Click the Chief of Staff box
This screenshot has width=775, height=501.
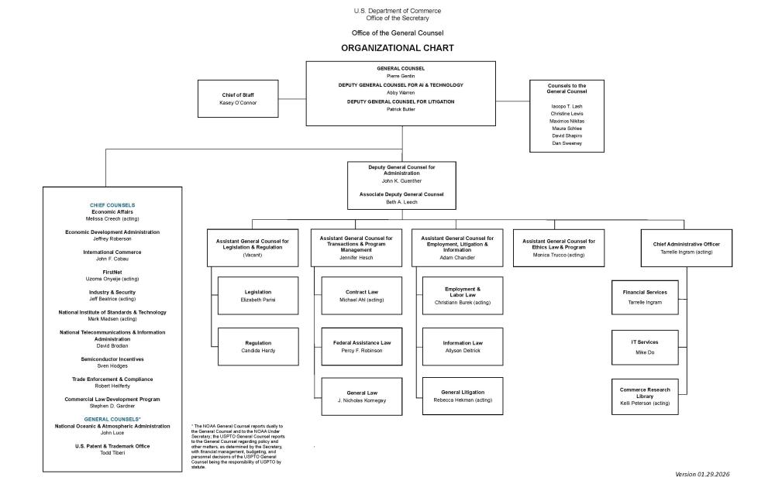(x=238, y=98)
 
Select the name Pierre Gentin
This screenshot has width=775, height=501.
(x=401, y=76)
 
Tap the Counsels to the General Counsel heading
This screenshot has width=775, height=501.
(x=567, y=88)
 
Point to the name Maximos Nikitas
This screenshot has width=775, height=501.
(x=567, y=121)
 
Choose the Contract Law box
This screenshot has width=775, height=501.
(x=362, y=295)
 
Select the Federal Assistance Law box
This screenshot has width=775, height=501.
(x=362, y=346)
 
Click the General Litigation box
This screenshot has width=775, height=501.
(x=463, y=396)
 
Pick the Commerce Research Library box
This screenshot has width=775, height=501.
(x=645, y=396)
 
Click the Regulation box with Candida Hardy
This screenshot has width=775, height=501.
(x=257, y=346)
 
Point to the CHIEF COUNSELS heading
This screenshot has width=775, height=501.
(x=112, y=204)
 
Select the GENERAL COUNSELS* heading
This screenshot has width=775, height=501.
(x=112, y=419)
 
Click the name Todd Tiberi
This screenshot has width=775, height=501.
(x=112, y=453)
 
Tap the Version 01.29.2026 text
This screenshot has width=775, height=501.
(x=702, y=474)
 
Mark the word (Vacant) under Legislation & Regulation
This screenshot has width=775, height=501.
(x=253, y=255)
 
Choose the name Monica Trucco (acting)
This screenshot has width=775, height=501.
(x=559, y=255)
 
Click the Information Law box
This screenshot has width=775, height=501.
(x=463, y=346)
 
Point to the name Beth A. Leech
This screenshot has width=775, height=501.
(x=401, y=201)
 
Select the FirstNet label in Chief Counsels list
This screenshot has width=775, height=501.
(x=112, y=273)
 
